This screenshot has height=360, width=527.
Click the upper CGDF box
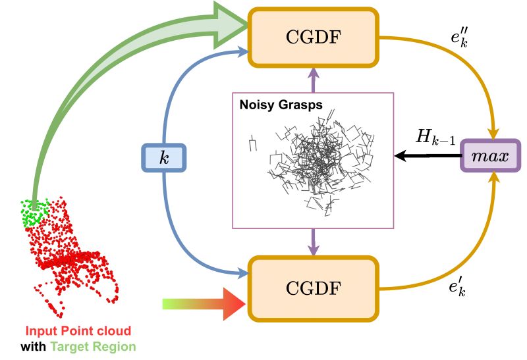pos(312,36)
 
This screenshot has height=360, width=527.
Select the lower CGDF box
pos(312,288)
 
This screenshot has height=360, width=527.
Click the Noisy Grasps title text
pos(275,105)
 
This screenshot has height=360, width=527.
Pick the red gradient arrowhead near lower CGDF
pos(234,304)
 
